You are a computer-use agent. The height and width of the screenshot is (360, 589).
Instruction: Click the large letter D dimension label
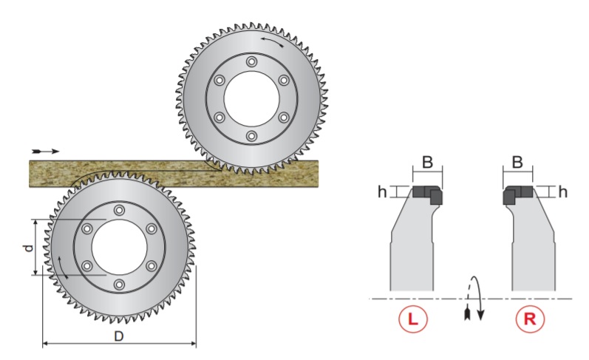point(119,336)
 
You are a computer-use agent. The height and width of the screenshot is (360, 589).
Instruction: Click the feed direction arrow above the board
point(45,150)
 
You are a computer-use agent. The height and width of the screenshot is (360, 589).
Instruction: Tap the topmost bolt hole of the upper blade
point(251,61)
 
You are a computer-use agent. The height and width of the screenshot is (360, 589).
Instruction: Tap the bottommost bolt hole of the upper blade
point(251,137)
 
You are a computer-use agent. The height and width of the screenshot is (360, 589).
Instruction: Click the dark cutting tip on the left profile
point(427,194)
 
